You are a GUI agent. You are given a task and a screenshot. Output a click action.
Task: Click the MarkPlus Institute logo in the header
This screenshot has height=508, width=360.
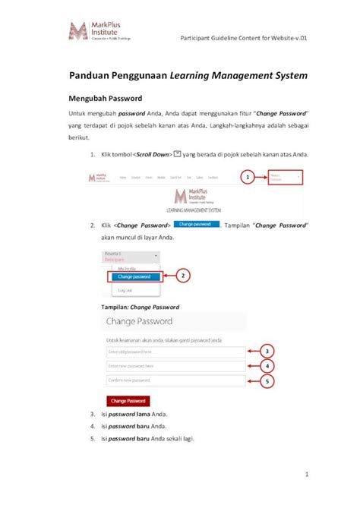[99, 31]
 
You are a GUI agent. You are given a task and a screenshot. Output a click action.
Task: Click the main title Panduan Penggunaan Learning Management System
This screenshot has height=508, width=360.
[188, 75]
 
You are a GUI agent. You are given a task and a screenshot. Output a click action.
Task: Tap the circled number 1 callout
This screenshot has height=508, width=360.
[246, 178]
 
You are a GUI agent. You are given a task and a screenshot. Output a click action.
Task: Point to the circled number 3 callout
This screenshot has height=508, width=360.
[267, 352]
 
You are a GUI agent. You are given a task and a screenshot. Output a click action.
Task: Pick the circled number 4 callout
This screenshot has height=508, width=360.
[267, 366]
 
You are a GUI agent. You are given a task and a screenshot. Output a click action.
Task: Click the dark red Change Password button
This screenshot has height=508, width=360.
[127, 400]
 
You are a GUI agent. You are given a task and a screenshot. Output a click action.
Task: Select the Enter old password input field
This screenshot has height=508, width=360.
[175, 352]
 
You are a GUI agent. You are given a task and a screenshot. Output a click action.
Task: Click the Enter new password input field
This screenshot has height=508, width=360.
[175, 367]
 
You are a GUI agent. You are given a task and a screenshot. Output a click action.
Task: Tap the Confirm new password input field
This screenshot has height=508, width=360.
[175, 380]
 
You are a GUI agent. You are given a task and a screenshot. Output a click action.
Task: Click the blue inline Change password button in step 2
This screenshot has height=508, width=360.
[197, 224]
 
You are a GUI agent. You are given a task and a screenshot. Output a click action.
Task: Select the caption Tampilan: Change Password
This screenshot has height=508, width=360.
[140, 307]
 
